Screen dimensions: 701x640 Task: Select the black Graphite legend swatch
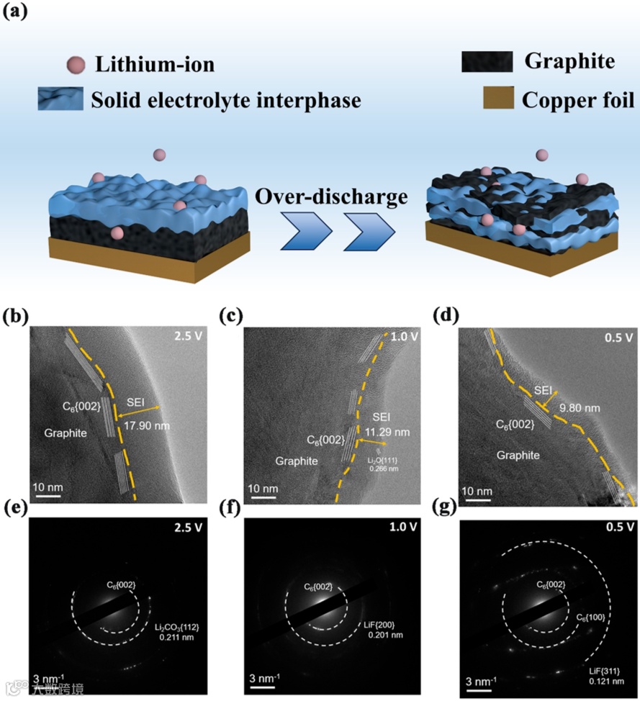[487, 62]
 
